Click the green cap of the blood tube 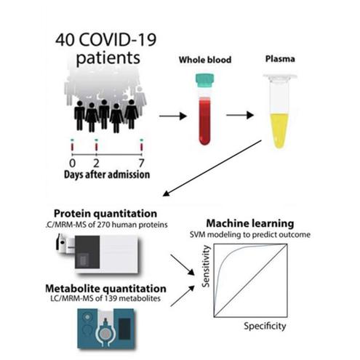pos(204,81)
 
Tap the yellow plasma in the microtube pos(279,130)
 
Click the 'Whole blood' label pos(205,60)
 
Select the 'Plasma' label pos(280,59)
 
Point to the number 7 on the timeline pos(142,163)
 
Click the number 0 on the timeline pos(72,163)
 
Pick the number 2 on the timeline pos(96,163)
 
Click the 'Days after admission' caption pos(107,175)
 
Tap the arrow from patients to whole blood pos(173,116)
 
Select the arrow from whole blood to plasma pos(240,115)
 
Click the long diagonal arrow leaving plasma pos(212,168)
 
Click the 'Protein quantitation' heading pos(105,214)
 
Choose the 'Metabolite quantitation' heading pos(105,289)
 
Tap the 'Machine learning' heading pos(250,223)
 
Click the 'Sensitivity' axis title pos(206,266)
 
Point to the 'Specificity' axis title pos(265,326)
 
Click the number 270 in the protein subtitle pos(103,225)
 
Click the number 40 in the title pos(65,40)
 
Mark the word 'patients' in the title pos(108,58)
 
